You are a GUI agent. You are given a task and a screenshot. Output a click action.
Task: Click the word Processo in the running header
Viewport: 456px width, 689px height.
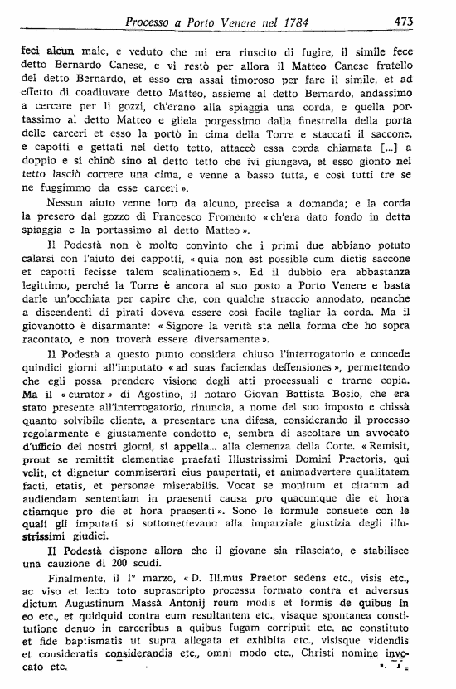click(x=155, y=21)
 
